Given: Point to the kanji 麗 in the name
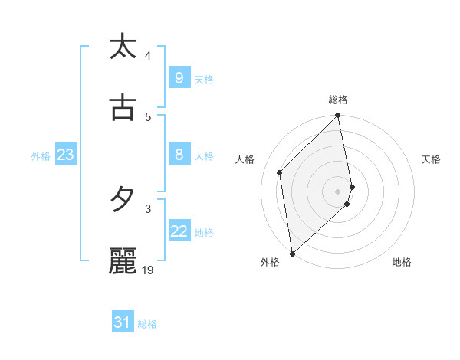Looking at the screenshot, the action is pos(123,260).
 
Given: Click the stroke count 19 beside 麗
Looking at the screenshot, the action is pos(148,270).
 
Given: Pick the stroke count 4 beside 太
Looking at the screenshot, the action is pos(148,56).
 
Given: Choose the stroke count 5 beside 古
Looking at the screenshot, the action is pos(148,116).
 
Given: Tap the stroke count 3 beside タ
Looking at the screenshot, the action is pos(148,208).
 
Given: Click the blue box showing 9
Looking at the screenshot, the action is pos(179,77).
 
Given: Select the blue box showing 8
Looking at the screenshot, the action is pos(179,155).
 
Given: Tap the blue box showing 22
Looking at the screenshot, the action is pos(179,231).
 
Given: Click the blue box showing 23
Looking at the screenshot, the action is pos(65,155).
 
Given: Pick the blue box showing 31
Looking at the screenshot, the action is pos(123,323).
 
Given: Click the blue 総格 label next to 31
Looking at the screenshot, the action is pos(147,324).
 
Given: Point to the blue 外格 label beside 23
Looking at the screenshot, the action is pos(41,155).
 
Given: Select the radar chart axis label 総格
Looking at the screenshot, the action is pos(338,100).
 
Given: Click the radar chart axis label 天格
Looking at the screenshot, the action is pos(431,159).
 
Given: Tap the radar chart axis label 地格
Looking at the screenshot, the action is pos(402,262).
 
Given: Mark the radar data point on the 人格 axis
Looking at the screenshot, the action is pos(280,172).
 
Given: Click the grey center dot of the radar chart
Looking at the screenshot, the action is pos(338,191).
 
